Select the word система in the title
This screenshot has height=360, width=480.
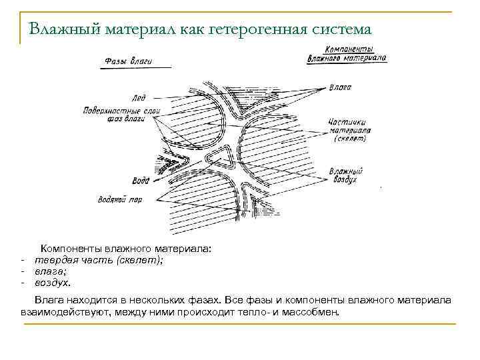click(340, 29)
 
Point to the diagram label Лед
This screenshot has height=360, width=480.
click(140, 98)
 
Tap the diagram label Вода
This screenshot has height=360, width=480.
click(141, 181)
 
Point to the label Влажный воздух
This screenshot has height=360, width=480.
click(345, 175)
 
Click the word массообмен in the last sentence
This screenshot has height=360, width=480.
click(311, 311)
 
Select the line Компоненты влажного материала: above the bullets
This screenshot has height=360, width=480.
click(126, 249)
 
